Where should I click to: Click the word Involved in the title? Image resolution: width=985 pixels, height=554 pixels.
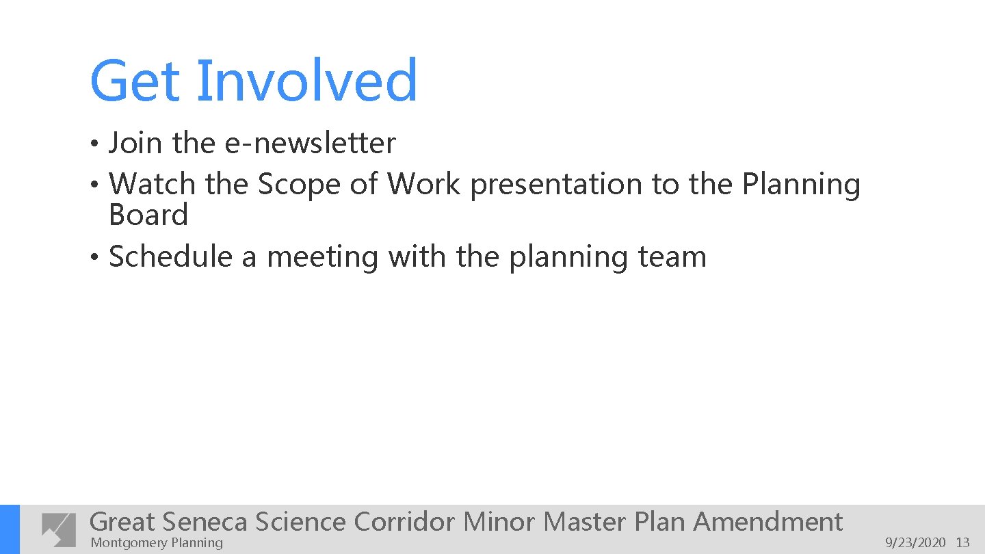coord(307,81)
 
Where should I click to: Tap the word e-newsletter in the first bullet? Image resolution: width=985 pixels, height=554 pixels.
coord(310,144)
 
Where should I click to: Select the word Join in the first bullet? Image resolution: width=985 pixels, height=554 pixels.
coord(135,144)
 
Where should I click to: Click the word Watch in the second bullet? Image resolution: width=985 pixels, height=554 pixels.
coord(152,184)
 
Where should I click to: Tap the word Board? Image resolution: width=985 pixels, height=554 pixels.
coord(148,215)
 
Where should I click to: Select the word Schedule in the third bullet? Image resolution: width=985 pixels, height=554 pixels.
coord(170,258)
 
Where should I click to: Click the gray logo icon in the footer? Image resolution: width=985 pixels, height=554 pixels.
coord(59,529)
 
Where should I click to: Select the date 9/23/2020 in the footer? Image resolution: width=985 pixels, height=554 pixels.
coord(915,543)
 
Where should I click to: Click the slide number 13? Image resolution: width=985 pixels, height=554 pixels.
coord(962,543)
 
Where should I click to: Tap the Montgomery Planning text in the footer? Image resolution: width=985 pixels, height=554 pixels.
coord(157,543)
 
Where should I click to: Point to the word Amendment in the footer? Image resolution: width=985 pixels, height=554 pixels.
coord(767,522)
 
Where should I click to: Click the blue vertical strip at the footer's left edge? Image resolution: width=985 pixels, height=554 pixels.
coord(10,529)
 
